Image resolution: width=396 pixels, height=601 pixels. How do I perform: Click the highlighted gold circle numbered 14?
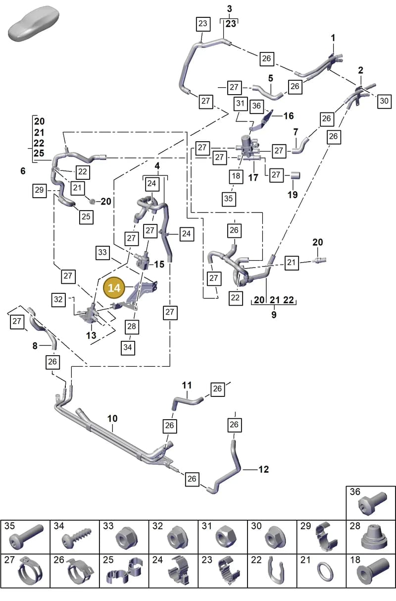pyautogui.click(x=114, y=288)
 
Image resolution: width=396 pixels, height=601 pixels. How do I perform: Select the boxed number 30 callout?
pyautogui.click(x=384, y=101)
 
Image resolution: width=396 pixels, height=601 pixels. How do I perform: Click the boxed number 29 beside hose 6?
pyautogui.click(x=39, y=190)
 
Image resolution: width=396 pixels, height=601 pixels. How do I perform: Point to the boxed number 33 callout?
pyautogui.click(x=102, y=253)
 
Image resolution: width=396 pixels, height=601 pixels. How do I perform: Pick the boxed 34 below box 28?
pyautogui.click(x=128, y=348)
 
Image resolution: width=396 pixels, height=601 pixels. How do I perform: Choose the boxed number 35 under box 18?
pyautogui.click(x=229, y=199)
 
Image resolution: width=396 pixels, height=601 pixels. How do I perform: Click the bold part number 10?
pyautogui.click(x=112, y=419)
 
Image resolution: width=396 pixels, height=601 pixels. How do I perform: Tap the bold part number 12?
pyautogui.click(x=263, y=469)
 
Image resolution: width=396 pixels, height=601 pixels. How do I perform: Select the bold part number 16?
pyautogui.click(x=289, y=116)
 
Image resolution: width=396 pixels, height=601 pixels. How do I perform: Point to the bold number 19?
pyautogui.click(x=293, y=195)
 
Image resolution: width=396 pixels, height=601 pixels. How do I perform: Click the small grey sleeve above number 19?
pyautogui.click(x=295, y=175)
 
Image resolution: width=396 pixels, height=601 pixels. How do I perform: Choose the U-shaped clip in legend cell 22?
pyautogui.click(x=276, y=570)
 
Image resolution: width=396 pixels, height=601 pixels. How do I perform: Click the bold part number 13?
pyautogui.click(x=91, y=335)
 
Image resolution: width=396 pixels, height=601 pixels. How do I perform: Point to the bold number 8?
pyautogui.click(x=35, y=346)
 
